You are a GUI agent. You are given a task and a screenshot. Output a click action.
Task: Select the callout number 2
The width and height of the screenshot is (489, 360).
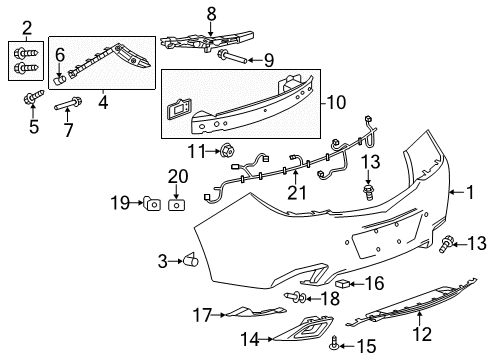pyautogui.click(x=27, y=28)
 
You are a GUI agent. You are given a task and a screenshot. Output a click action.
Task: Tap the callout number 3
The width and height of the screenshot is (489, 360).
pyautogui.click(x=162, y=262)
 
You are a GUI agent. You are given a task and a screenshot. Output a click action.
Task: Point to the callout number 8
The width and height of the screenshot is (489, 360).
pyautogui.click(x=211, y=13)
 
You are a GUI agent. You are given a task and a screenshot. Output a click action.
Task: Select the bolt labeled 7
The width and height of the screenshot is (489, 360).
pyautogui.click(x=71, y=103)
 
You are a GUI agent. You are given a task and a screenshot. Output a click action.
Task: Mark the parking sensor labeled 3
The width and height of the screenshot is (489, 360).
pyautogui.click(x=188, y=261)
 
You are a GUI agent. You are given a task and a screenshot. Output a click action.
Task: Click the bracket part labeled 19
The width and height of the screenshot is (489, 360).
pyautogui.click(x=153, y=204)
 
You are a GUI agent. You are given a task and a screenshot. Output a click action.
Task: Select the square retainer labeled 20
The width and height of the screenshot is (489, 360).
pyautogui.click(x=176, y=205)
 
